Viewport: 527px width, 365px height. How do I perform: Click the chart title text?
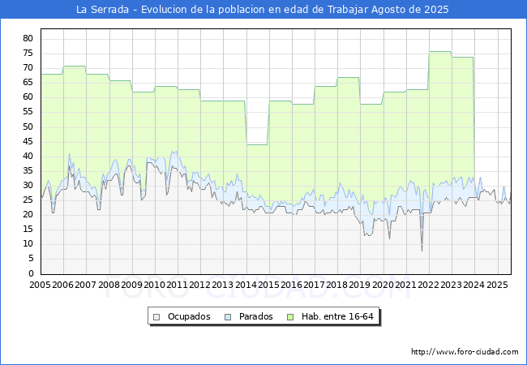[262, 10]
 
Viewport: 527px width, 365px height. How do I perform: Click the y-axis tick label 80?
[27, 38]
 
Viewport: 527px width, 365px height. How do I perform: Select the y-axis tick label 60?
[27, 97]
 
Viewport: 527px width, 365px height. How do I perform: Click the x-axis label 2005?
[40, 286]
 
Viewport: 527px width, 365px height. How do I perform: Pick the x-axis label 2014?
[246, 286]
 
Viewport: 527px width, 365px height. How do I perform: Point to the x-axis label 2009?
[131, 286]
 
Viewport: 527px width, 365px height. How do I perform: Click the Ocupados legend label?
[189, 316]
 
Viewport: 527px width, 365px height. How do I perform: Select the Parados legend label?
[255, 316]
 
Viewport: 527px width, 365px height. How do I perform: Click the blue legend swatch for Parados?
[229, 316]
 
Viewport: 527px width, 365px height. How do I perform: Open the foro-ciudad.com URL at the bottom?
[465, 352]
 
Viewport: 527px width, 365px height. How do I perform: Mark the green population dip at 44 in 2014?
[257, 144]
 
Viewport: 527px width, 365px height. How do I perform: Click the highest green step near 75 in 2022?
[439, 52]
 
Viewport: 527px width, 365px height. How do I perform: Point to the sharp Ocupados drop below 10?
[422, 248]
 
